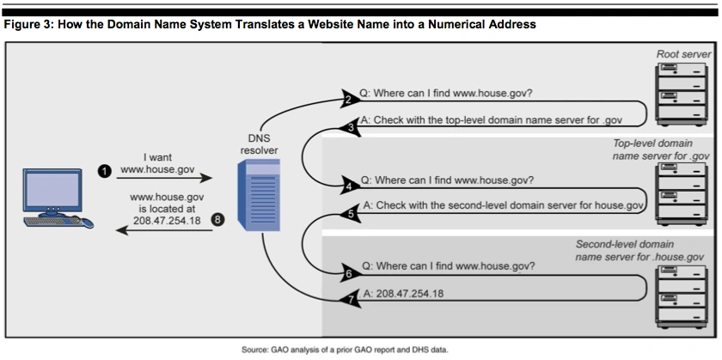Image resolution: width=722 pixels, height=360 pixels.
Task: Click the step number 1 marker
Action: click(x=105, y=171)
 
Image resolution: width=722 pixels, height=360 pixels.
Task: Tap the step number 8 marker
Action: click(x=217, y=220)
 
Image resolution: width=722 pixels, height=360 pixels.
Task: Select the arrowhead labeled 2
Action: click(x=347, y=99)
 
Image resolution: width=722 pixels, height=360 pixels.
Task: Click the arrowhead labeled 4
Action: click(x=348, y=185)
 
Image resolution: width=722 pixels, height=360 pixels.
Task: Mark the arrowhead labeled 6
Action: click(x=347, y=273)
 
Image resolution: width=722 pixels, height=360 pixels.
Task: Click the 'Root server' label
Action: click(x=683, y=54)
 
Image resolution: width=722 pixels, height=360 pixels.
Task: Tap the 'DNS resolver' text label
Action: click(x=259, y=144)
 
